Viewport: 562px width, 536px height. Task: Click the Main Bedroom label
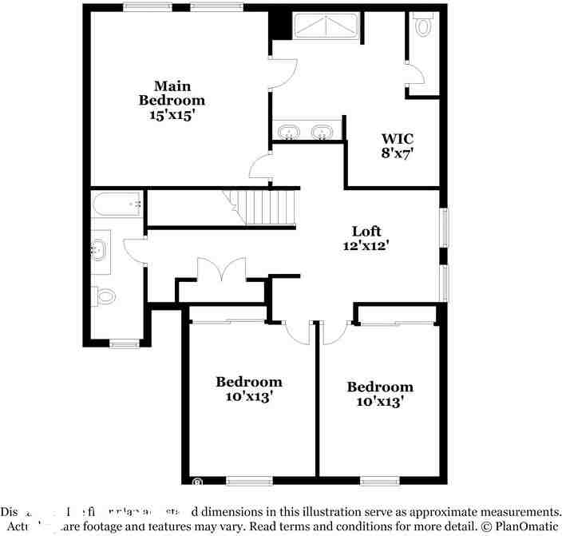[x=172, y=93]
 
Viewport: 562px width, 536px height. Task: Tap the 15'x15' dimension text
[x=172, y=114]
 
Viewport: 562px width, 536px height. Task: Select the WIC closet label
[x=397, y=138]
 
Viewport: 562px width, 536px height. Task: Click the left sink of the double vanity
[x=288, y=131]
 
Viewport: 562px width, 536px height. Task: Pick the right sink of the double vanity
[x=323, y=131]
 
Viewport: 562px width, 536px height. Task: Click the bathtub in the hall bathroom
[x=117, y=205]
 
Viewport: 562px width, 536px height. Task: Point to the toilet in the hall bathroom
[x=104, y=296]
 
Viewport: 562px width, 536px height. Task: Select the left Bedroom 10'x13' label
[x=249, y=389]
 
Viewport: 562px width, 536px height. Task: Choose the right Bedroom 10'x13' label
[x=380, y=394]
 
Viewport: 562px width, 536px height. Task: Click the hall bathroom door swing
[x=134, y=250]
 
